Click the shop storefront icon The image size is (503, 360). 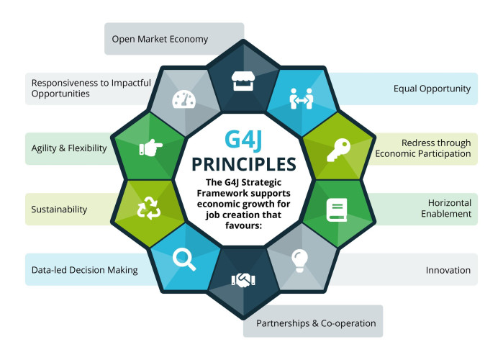[243, 81]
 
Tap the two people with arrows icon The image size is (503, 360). [301, 99]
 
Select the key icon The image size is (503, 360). [338, 150]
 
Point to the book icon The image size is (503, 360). [337, 210]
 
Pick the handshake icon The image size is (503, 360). [243, 280]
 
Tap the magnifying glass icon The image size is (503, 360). [183, 260]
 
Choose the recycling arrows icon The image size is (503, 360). [148, 208]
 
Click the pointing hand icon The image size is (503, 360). [151, 148]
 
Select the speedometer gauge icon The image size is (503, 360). [183, 99]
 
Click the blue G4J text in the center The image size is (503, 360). [243, 140]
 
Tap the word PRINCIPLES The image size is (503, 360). [243, 164]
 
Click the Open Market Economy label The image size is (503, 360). [160, 39]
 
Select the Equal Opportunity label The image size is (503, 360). [432, 89]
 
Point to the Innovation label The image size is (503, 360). [448, 270]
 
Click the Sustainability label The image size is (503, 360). [59, 210]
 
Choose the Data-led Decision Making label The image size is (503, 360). [85, 270]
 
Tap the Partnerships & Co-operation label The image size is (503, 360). [316, 323]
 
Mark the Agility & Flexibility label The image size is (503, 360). [69, 148]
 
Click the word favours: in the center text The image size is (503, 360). [243, 225]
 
